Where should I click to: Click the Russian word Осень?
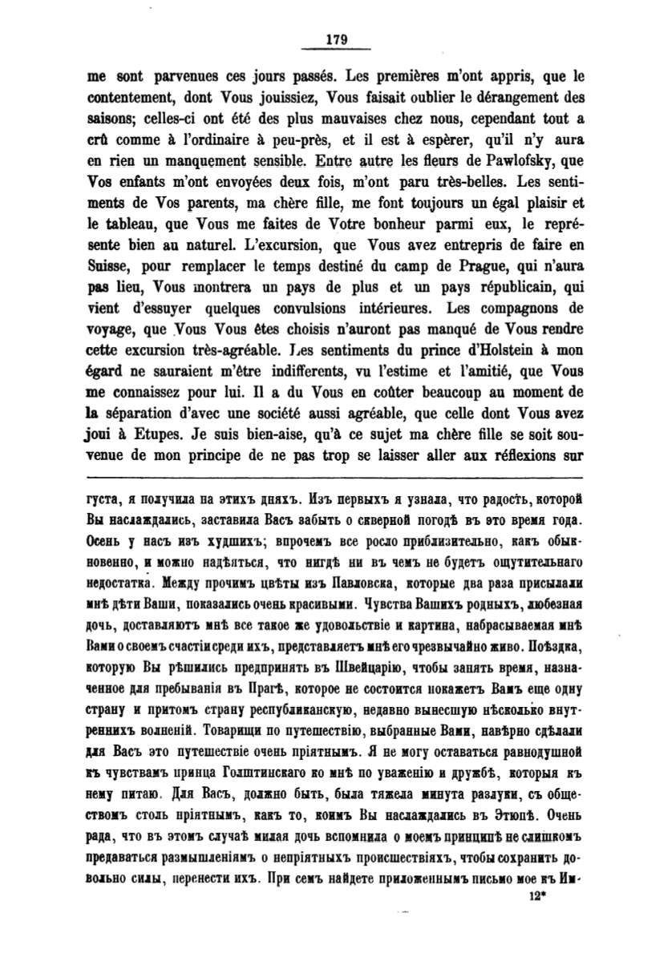point(104,540)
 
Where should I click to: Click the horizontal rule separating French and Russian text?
point(335,478)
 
